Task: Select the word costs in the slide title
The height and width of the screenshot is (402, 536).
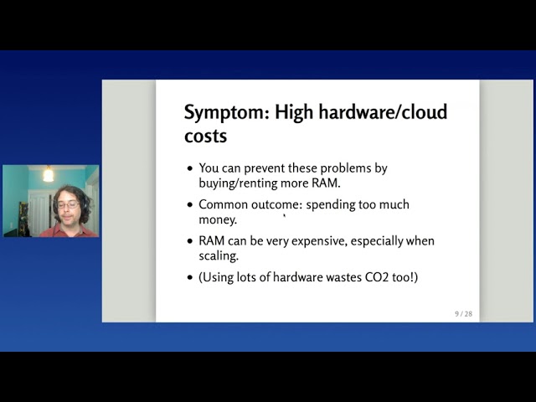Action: click(205, 136)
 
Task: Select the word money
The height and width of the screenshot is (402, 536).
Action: click(217, 219)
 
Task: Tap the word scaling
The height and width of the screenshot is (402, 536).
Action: click(219, 255)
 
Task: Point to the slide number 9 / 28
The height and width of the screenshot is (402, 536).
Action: click(463, 313)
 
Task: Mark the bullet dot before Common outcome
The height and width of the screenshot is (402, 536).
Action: click(190, 205)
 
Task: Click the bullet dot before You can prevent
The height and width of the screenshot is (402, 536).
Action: click(190, 168)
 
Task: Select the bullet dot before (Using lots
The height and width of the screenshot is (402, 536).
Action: click(190, 277)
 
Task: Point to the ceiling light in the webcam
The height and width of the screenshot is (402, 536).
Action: click(48, 174)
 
